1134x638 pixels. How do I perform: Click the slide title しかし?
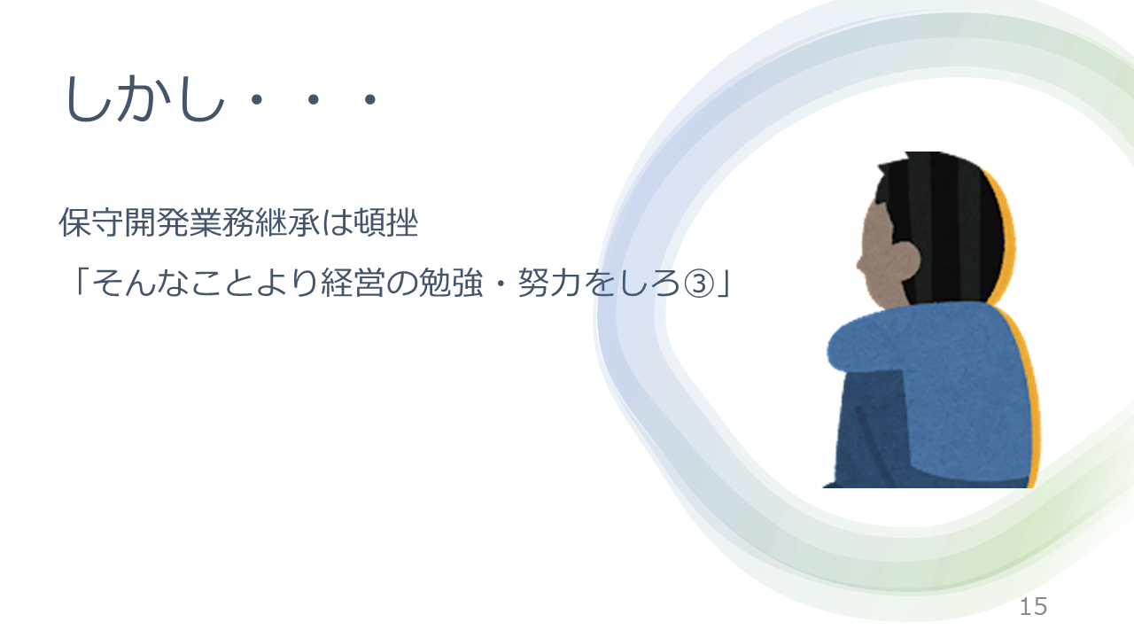tap(144, 98)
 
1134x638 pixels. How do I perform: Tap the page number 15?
tap(1033, 607)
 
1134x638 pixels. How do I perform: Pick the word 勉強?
tap(451, 283)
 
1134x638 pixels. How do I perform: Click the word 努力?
tap(548, 283)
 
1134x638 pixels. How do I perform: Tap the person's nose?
tap(859, 264)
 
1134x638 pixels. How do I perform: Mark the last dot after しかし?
tap(370, 98)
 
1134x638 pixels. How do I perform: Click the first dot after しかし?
tap(257, 98)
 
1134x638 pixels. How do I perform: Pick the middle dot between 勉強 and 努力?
tap(501, 283)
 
